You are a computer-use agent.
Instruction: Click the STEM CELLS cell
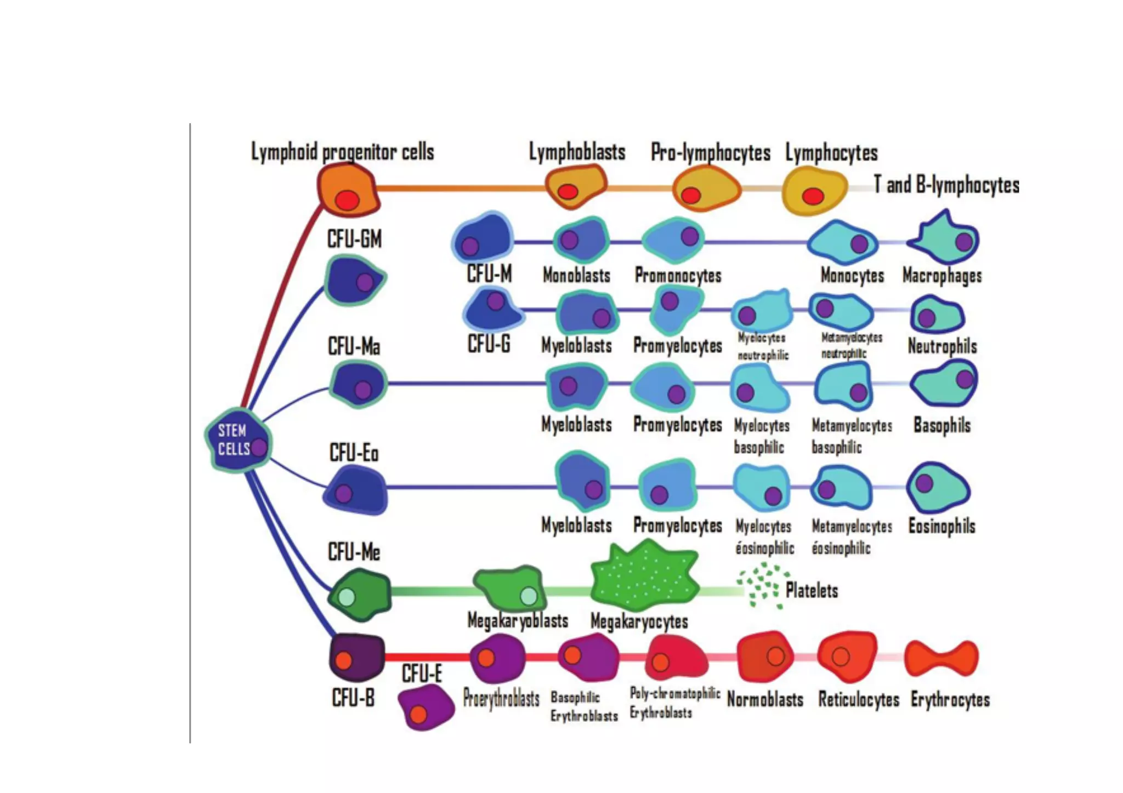pyautogui.click(x=237, y=440)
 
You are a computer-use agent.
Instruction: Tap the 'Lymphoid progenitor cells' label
pyautogui.click(x=342, y=152)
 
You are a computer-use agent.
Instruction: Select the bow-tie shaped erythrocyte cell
pyautogui.click(x=941, y=658)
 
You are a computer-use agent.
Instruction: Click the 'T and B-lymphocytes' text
pyautogui.click(x=946, y=185)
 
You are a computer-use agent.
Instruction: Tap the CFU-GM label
pyautogui.click(x=354, y=239)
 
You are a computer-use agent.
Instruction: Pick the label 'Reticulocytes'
pyautogui.click(x=859, y=700)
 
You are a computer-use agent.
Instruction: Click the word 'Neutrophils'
pyautogui.click(x=942, y=346)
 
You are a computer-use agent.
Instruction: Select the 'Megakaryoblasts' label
pyautogui.click(x=518, y=621)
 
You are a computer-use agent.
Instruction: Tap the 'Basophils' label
pyautogui.click(x=942, y=425)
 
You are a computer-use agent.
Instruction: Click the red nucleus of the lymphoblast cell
pyautogui.click(x=568, y=191)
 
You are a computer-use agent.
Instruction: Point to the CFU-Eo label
pyautogui.click(x=354, y=453)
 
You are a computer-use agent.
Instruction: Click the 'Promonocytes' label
pyautogui.click(x=678, y=275)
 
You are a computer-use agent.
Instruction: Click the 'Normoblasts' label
pyautogui.click(x=765, y=700)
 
